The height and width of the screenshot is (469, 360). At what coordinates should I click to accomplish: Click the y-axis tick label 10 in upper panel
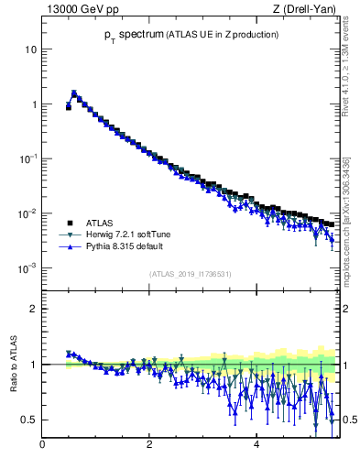pos(31,49)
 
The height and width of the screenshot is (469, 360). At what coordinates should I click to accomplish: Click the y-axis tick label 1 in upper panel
pos(34,104)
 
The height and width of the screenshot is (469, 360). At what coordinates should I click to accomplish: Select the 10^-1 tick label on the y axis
pos(28,158)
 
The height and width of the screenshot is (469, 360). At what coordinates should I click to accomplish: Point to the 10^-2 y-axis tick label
pos(28,213)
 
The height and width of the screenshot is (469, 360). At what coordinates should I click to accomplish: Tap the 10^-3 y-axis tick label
pos(28,267)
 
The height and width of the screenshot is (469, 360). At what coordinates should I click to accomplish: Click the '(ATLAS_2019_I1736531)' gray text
pos(191,274)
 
